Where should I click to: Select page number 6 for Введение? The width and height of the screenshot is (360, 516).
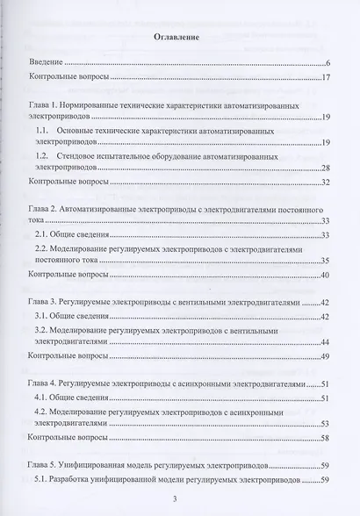(327, 64)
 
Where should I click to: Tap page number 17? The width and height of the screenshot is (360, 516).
(325, 78)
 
